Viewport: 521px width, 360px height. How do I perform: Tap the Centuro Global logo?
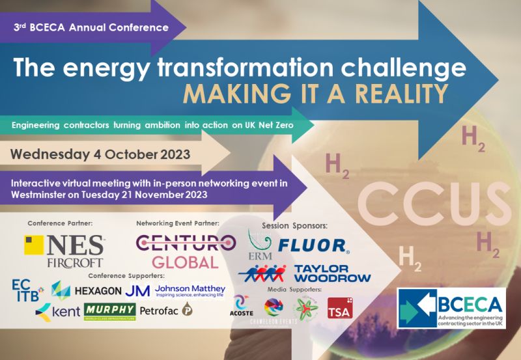point(186,251)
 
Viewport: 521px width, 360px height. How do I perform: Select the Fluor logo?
point(313,245)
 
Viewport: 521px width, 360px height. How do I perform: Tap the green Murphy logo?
point(109,311)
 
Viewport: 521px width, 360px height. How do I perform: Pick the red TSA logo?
point(339,307)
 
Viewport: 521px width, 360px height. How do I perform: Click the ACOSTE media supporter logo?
point(243,305)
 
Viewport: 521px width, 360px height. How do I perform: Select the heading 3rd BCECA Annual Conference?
point(91,28)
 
